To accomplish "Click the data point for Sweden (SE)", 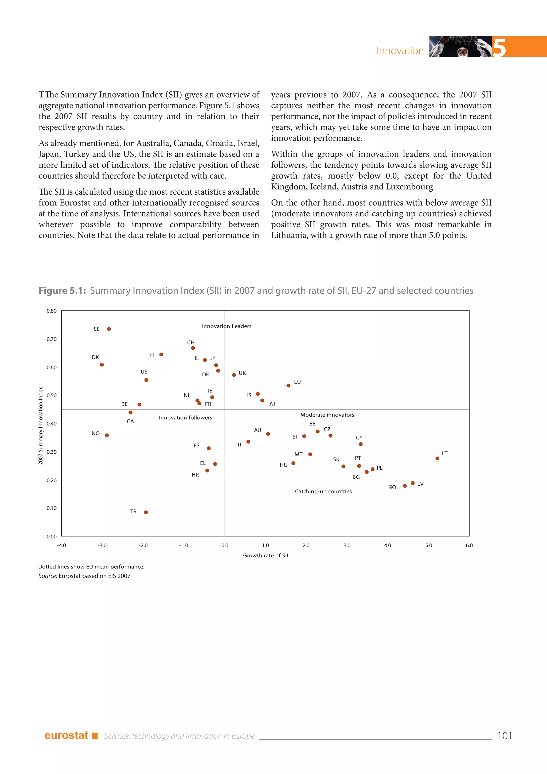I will click(x=109, y=329).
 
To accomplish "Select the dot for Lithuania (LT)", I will click(x=437, y=458).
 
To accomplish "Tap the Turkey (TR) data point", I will click(x=146, y=512).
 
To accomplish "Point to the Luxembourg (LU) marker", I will click(x=288, y=386).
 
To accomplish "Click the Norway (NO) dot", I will click(x=107, y=435).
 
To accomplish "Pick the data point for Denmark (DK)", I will click(x=102, y=365).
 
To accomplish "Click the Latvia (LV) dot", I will click(x=413, y=483).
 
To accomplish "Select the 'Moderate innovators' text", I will click(x=327, y=415).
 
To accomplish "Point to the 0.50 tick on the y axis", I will click(x=52, y=396).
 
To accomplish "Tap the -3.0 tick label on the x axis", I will click(x=102, y=545).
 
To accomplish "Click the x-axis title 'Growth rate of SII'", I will click(x=265, y=556).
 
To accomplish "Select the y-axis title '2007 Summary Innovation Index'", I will click(x=41, y=425).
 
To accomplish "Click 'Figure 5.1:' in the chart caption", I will click(x=62, y=291).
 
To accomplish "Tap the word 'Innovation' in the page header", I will click(x=400, y=51).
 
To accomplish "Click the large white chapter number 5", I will click(x=499, y=48).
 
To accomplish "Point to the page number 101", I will click(x=505, y=736).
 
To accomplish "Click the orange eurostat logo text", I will click(x=66, y=735).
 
